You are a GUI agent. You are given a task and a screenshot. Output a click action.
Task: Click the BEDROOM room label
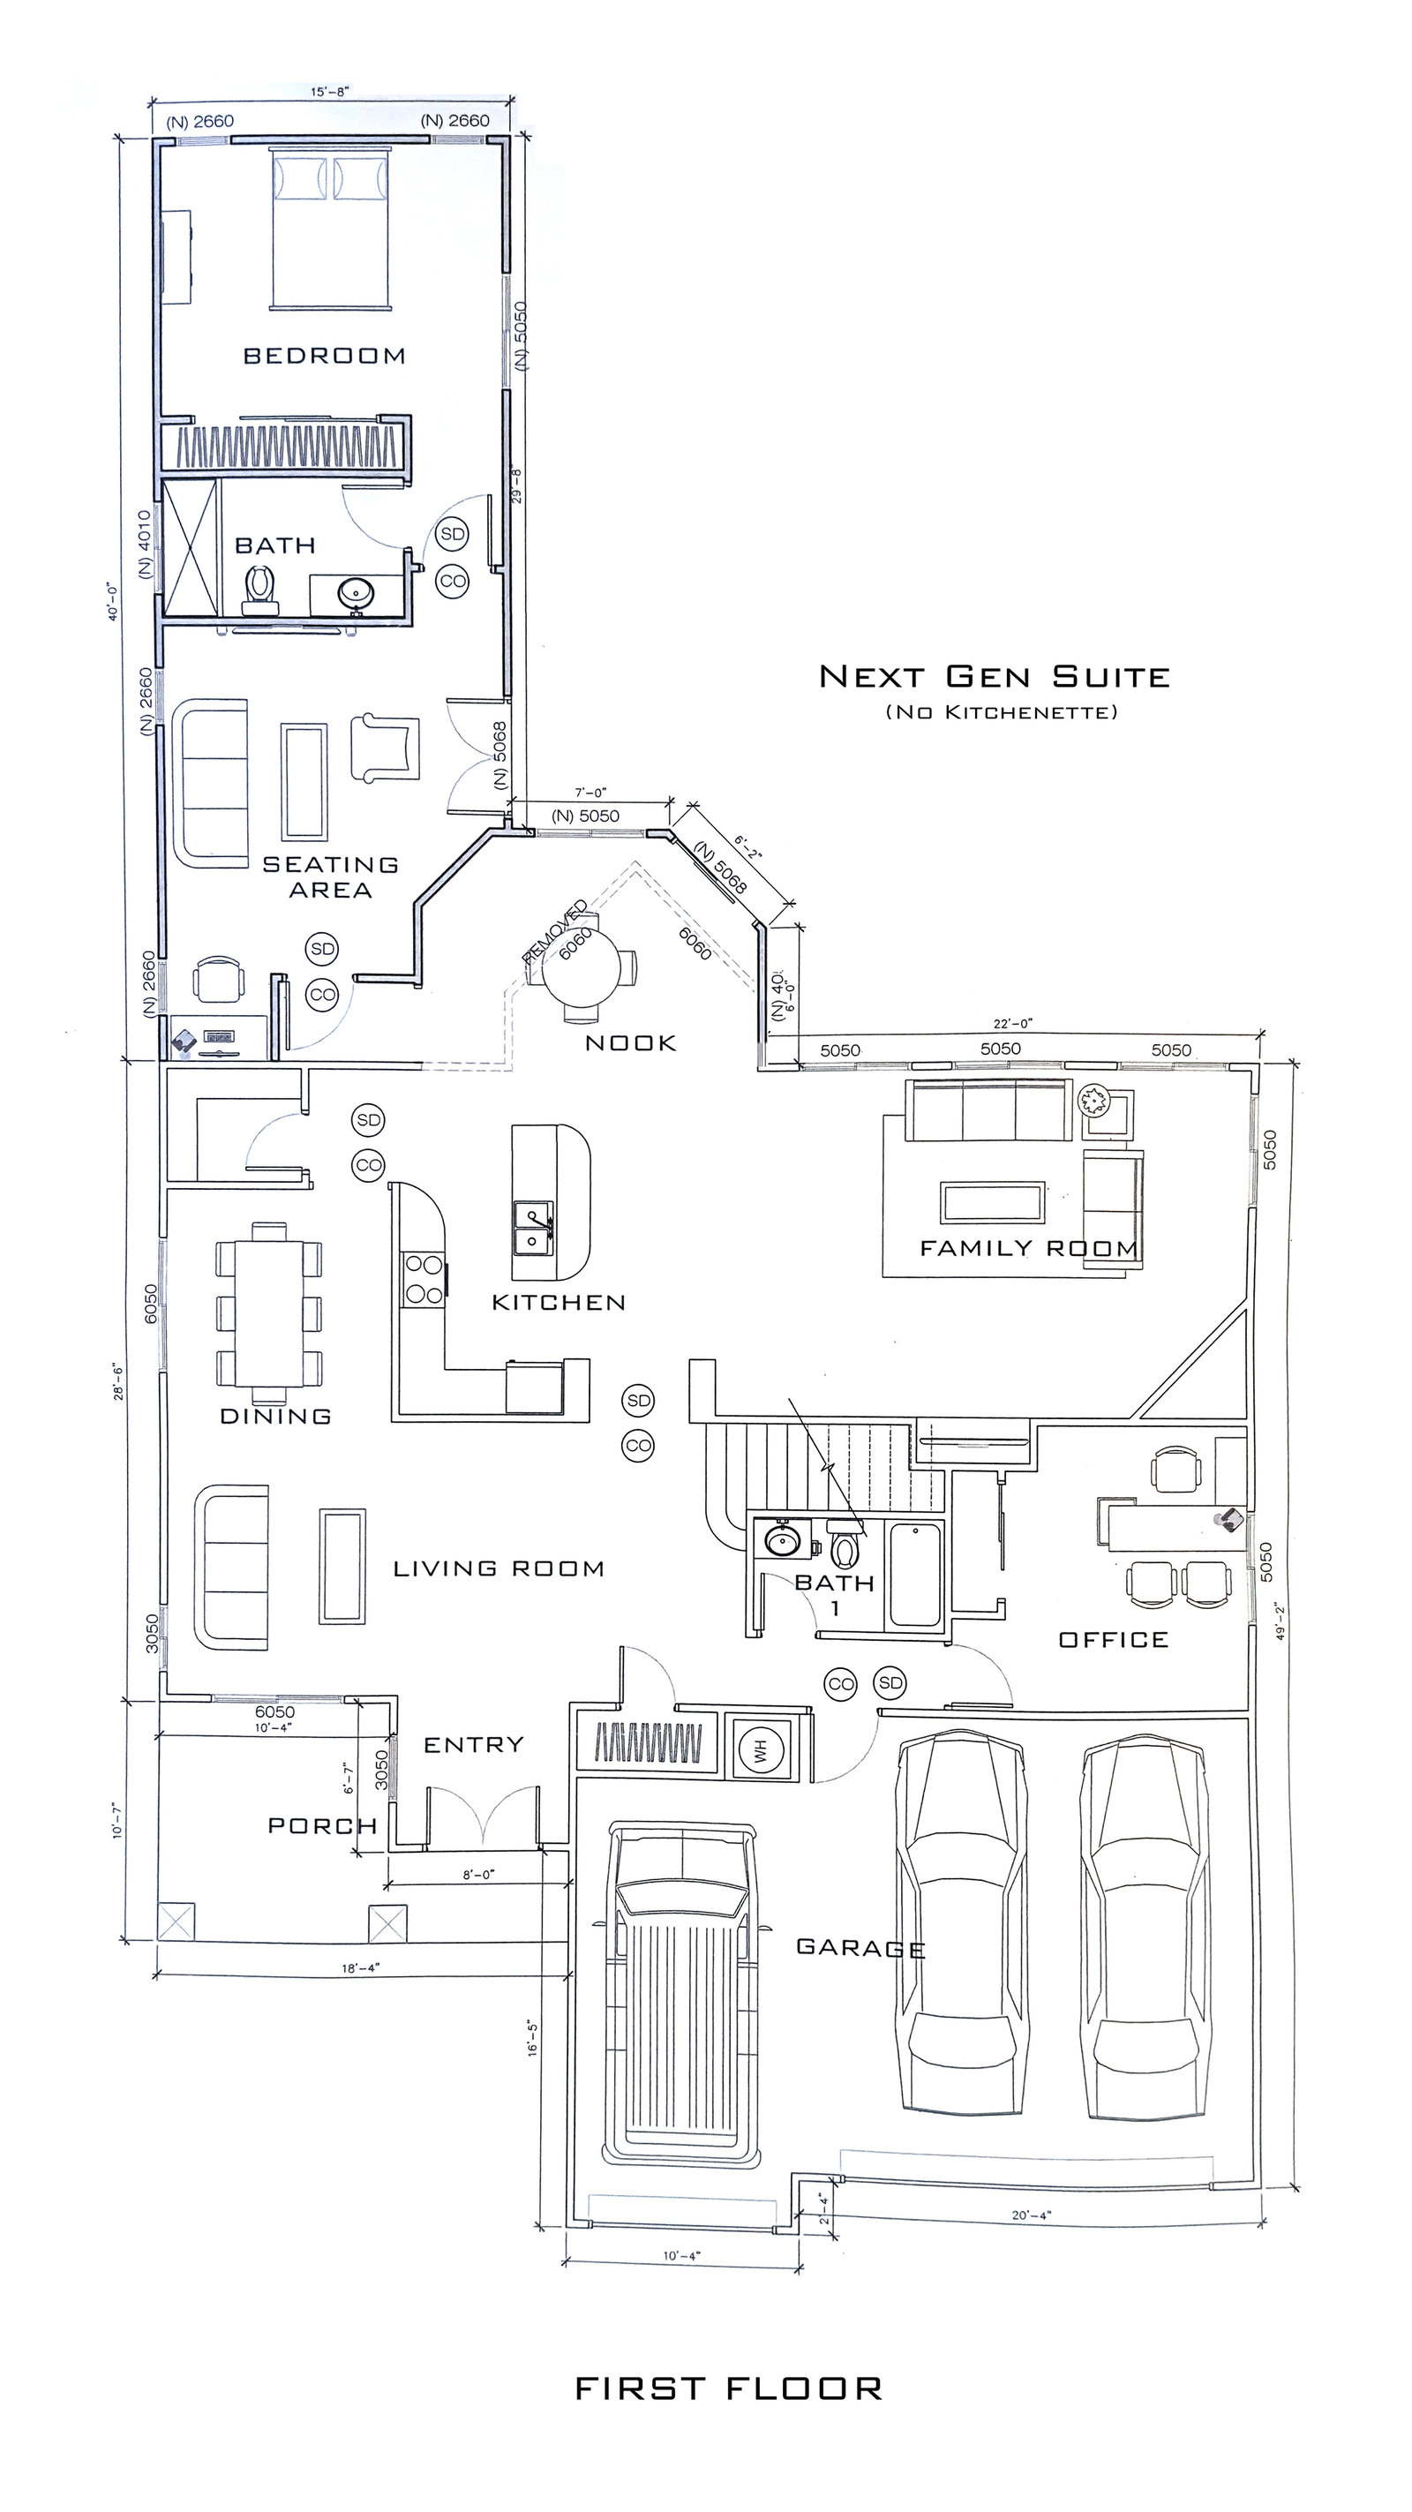point(324,356)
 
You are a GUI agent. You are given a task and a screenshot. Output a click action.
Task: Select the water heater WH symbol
point(761,1752)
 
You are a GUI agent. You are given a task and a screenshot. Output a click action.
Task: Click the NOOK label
point(630,1043)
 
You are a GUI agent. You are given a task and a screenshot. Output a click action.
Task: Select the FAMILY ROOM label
point(1029,1248)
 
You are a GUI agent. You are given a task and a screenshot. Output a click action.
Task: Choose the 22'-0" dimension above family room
point(1013,1023)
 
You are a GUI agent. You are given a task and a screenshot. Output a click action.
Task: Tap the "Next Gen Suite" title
point(994,677)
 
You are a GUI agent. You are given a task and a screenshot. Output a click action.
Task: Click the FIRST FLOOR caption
point(728,2388)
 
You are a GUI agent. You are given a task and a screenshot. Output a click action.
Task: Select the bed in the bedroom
point(332,229)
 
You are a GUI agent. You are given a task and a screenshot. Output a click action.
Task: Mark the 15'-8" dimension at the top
point(329,92)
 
